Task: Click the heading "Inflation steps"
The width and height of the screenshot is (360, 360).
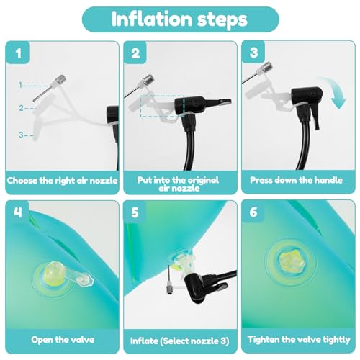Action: click(179, 19)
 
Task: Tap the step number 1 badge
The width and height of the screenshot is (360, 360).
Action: click(17, 53)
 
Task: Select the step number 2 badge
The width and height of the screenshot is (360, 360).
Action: click(135, 53)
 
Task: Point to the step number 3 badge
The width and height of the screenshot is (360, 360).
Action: click(253, 52)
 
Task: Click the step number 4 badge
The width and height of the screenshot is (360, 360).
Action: click(17, 212)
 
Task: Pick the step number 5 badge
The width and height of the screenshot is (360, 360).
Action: click(135, 212)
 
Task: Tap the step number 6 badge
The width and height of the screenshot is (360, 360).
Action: click(253, 212)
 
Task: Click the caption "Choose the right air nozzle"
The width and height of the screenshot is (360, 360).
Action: click(63, 181)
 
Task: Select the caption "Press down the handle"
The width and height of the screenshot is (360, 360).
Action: click(296, 180)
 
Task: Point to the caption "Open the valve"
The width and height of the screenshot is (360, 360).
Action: click(63, 340)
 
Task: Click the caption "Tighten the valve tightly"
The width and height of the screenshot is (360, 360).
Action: click(299, 340)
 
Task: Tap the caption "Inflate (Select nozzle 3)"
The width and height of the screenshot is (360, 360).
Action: click(180, 341)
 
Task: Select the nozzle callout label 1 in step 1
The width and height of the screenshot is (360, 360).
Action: click(21, 85)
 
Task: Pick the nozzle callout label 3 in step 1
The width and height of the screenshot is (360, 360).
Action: click(21, 135)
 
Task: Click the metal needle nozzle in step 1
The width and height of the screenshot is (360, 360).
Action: click(49, 88)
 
